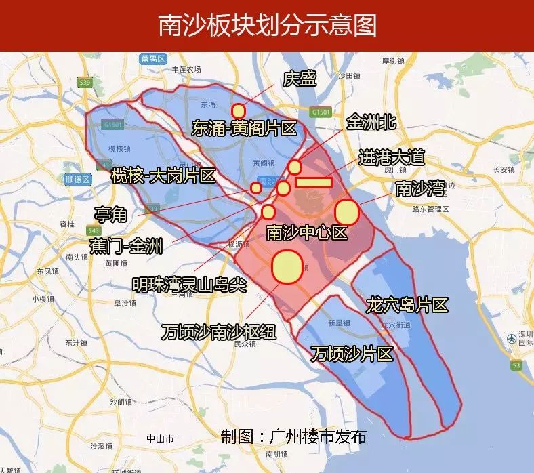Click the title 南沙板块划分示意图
(267, 26)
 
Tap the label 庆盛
(300, 79)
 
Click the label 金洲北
(371, 123)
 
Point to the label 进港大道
(391, 158)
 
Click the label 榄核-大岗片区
(163, 177)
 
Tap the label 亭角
(110, 215)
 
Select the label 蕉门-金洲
(126, 245)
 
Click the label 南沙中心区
(306, 233)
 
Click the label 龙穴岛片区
(407, 305)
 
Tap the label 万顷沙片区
(352, 353)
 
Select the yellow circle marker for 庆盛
(238, 110)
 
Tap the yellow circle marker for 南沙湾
(347, 211)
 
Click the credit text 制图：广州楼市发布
(293, 435)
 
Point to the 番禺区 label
(154, 58)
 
